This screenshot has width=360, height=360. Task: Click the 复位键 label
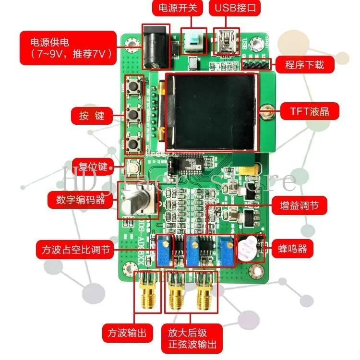click(90, 167)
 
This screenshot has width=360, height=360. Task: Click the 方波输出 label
click(124, 332)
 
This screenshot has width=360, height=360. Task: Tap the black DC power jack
click(156, 48)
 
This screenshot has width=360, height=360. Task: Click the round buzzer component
click(248, 248)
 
